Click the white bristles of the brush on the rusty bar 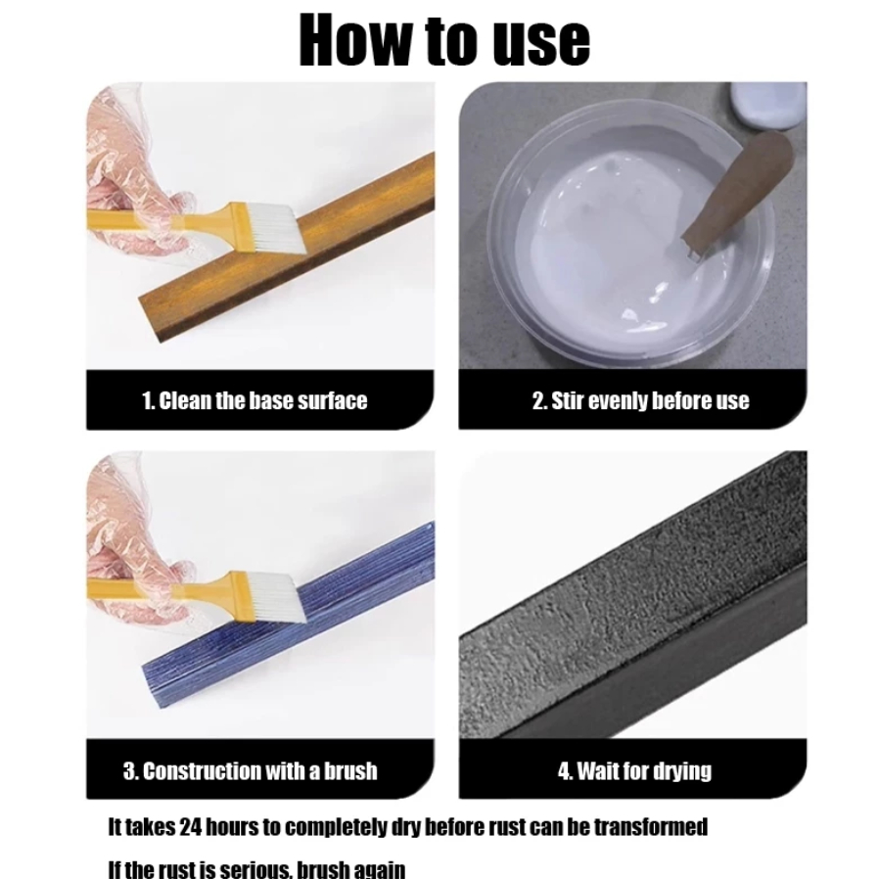point(276,228)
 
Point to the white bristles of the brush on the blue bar point(276,598)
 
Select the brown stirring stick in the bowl point(735,194)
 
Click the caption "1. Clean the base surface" point(254,400)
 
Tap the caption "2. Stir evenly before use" point(640,400)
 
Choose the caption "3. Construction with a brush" point(250,770)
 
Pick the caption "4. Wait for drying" point(634,771)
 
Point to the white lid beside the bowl point(769,106)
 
